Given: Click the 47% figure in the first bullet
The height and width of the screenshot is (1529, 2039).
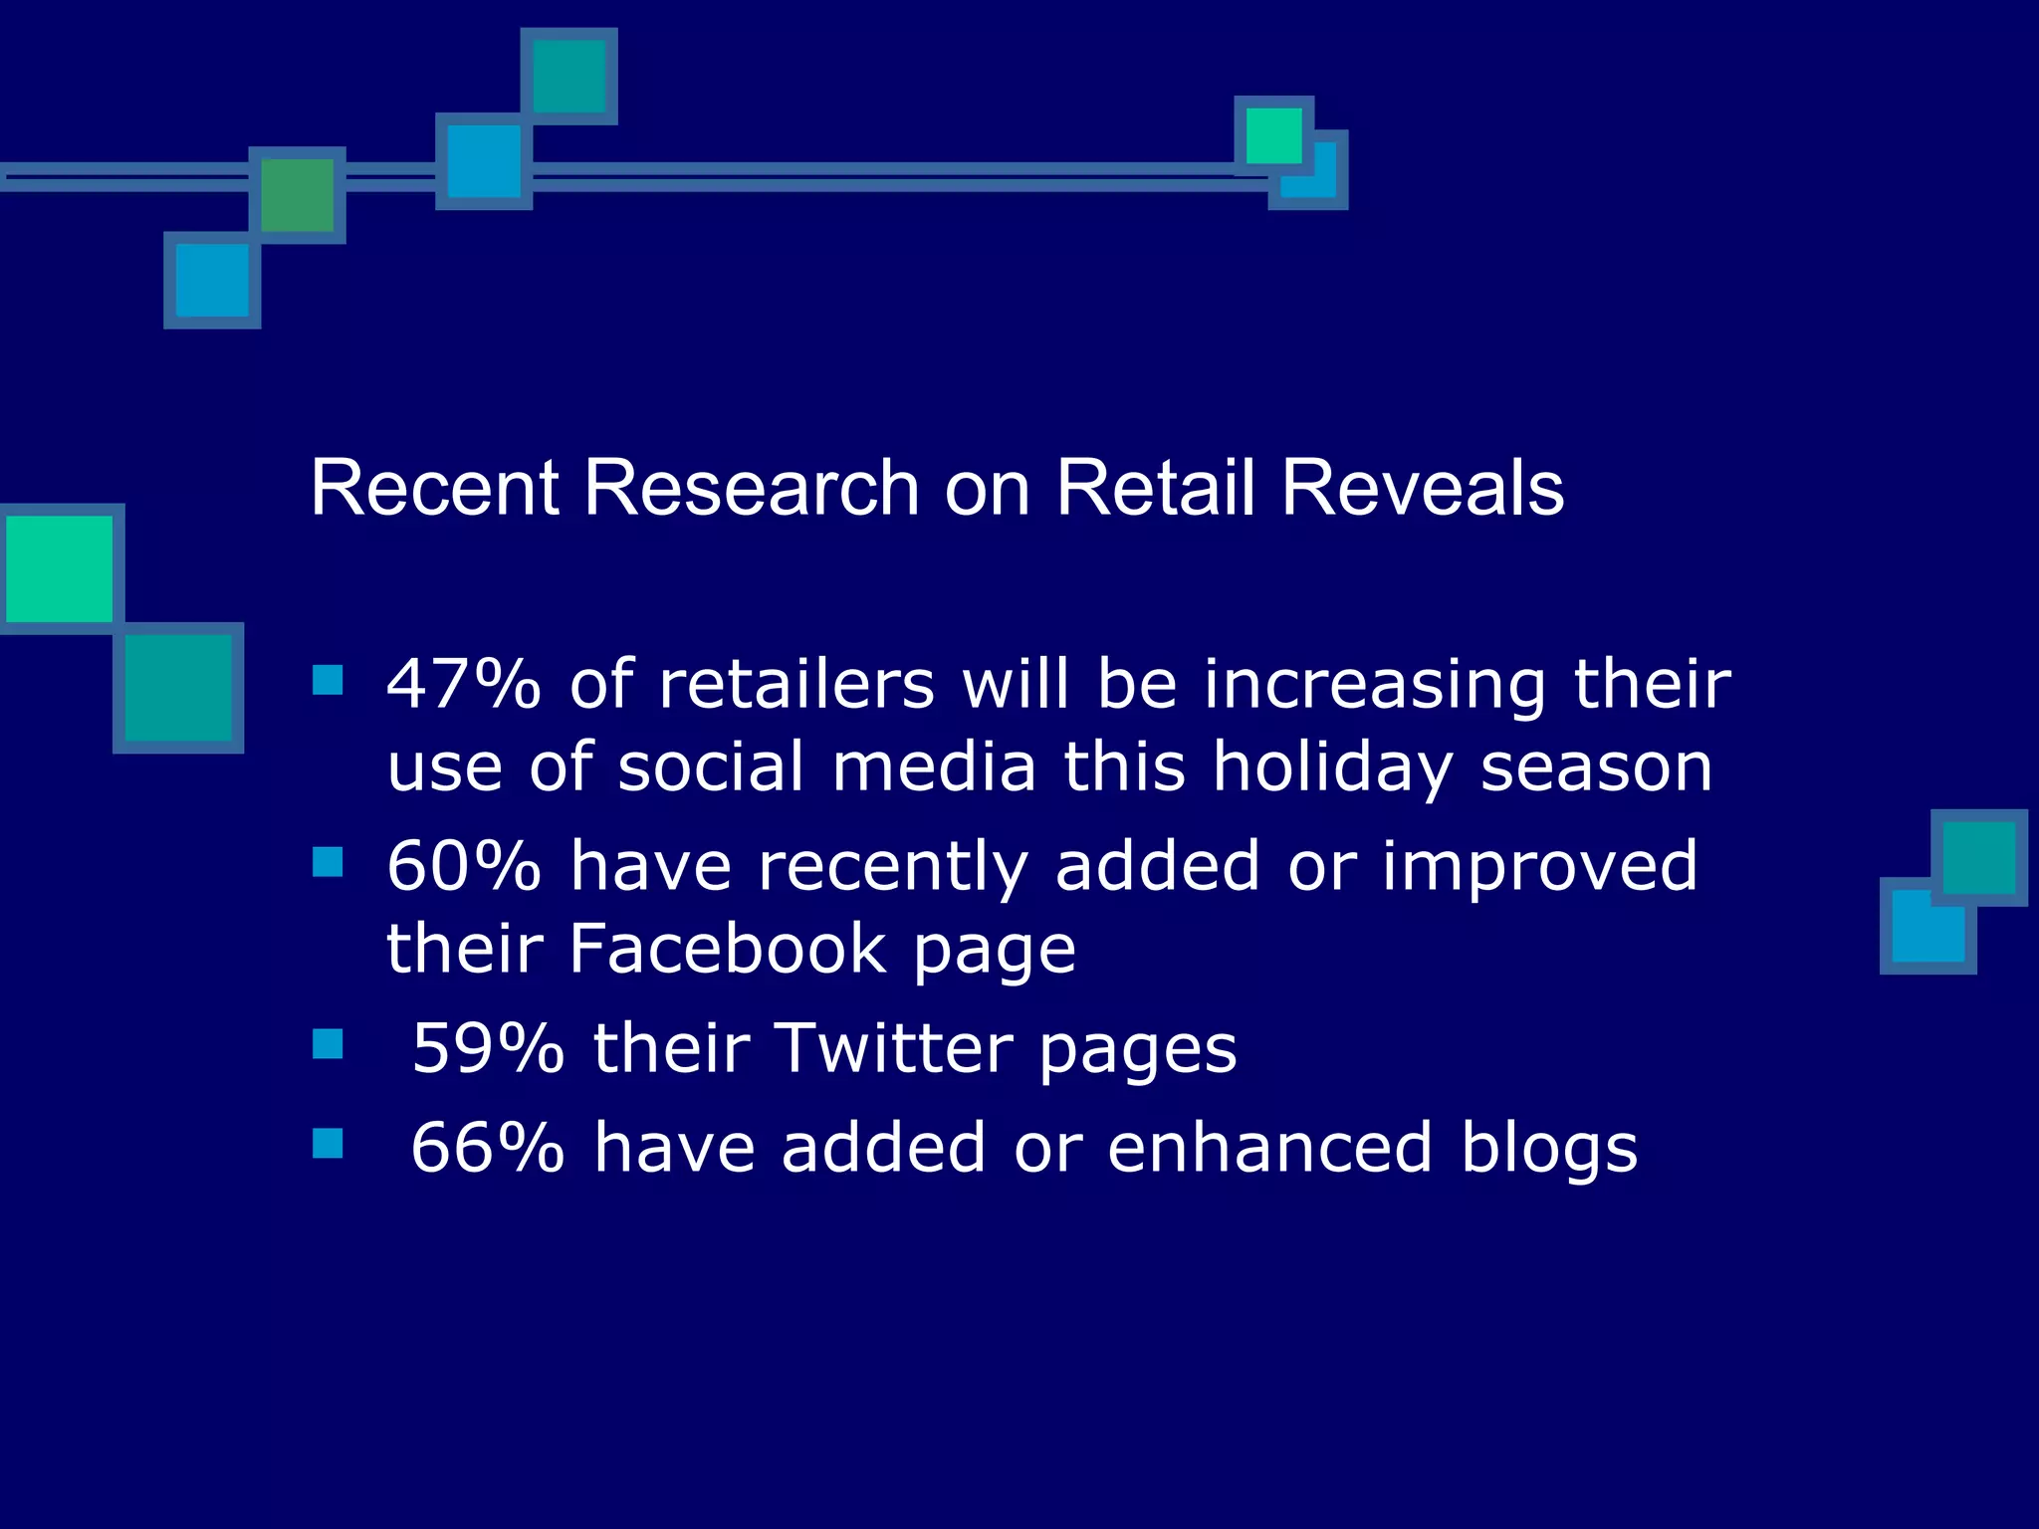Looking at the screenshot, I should tap(464, 685).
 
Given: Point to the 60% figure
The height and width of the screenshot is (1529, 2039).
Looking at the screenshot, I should tap(464, 866).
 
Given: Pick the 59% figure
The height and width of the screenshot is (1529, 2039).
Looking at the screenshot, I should tap(489, 1048).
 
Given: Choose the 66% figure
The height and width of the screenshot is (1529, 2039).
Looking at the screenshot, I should tap(488, 1148).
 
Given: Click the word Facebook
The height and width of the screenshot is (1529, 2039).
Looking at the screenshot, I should tap(727, 949).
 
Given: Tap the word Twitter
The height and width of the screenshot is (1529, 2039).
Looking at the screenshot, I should tap(894, 1048).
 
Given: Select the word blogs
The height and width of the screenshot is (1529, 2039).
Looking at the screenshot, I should tap(1548, 1148).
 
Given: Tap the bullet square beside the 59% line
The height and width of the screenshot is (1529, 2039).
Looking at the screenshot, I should tap(328, 1043).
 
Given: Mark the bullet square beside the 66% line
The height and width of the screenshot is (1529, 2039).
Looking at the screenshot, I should tap(328, 1143).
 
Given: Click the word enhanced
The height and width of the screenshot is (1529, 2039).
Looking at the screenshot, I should tap(1269, 1148).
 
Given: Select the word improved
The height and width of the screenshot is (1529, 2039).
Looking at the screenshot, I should tap(1539, 866).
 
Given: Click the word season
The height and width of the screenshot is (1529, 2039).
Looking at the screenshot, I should tap(1596, 768).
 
